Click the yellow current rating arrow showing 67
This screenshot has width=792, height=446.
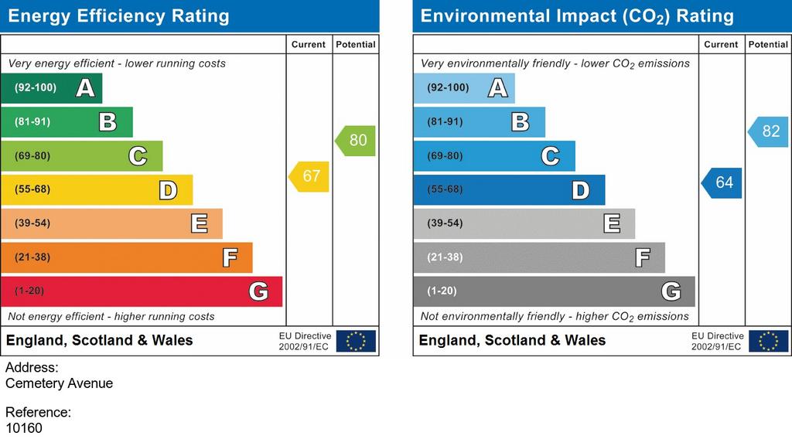tap(309, 176)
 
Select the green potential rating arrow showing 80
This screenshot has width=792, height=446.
tap(355, 141)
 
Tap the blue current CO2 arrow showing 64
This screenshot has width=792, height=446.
tap(722, 182)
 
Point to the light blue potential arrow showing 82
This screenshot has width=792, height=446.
tap(768, 131)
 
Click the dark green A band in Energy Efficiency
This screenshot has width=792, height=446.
tap(52, 88)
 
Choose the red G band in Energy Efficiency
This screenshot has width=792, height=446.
tap(142, 291)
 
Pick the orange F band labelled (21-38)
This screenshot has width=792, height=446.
tap(127, 257)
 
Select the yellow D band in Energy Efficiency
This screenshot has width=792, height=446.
tap(97, 189)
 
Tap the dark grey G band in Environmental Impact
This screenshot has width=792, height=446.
tap(554, 291)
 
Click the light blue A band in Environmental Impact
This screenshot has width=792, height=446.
tap(464, 88)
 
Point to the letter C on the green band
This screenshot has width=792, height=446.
tap(138, 156)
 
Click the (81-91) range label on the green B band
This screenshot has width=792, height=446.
tap(32, 121)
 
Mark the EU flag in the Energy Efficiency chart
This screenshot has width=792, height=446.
tap(356, 341)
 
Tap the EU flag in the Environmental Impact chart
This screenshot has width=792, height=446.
tap(769, 341)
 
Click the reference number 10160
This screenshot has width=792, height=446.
tap(24, 428)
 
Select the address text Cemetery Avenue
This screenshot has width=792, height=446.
tap(59, 383)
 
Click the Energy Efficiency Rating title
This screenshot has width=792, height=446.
tap(118, 16)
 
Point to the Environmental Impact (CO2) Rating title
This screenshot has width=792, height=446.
tap(577, 16)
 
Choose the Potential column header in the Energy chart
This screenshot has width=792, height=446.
tap(356, 44)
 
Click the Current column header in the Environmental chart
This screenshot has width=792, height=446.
tap(722, 44)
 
